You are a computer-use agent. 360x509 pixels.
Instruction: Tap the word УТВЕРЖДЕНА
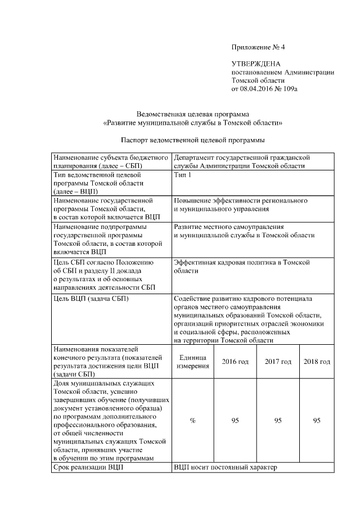[x=256, y=65]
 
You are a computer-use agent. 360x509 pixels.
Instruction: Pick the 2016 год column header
[x=235, y=361]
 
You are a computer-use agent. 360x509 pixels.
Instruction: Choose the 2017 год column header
[x=278, y=361]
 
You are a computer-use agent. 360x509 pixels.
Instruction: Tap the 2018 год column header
[x=317, y=361]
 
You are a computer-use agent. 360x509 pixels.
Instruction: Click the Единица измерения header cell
[x=193, y=361]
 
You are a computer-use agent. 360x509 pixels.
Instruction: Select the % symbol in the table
[x=193, y=421]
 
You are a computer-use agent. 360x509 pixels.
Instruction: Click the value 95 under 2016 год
[x=235, y=421]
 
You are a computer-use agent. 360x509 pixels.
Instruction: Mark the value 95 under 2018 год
[x=317, y=421]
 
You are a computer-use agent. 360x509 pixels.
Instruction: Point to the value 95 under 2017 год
[x=278, y=421]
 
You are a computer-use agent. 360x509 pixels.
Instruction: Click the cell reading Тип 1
[x=183, y=175]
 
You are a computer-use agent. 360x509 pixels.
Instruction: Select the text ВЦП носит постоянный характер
[x=226, y=467]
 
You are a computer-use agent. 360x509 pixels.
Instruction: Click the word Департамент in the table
[x=195, y=158]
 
